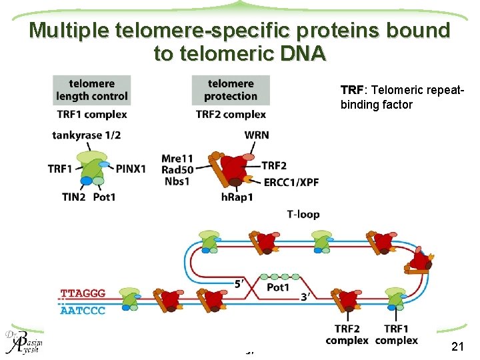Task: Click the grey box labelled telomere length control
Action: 91,90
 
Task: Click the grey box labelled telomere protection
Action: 231,90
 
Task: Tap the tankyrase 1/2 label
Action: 87,135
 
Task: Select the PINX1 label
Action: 130,169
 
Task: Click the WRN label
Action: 257,135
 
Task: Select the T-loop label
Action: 303,214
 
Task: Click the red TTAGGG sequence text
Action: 83,293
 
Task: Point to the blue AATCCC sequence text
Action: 83,311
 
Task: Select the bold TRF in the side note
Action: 351,90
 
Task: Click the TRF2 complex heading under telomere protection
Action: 231,114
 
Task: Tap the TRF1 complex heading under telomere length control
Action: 91,114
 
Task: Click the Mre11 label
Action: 177,159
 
